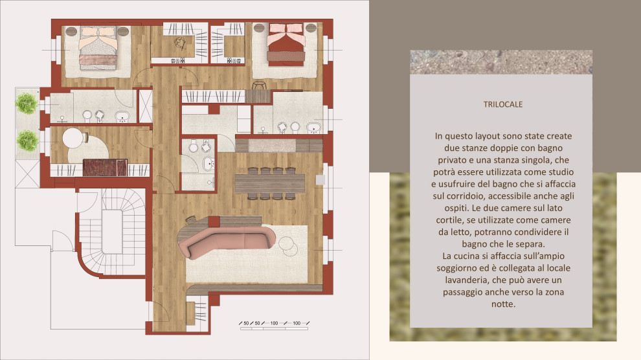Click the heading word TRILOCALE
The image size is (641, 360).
(503, 104)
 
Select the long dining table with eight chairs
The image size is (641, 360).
(270, 183)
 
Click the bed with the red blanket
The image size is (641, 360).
(286, 45)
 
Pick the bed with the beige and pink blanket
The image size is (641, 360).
(98, 47)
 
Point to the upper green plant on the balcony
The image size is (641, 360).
(27, 104)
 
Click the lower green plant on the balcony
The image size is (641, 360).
(28, 140)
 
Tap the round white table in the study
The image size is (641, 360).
(73, 138)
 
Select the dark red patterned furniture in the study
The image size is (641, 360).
(105, 168)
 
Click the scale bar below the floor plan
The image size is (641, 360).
(274, 325)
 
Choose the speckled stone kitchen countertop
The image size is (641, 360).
(272, 145)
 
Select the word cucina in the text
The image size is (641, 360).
(467, 256)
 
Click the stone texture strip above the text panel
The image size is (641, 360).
(501, 62)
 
